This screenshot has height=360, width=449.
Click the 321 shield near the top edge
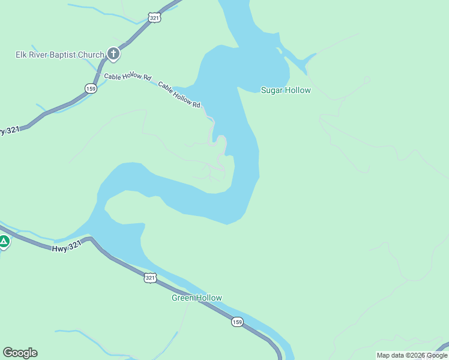coord(154,18)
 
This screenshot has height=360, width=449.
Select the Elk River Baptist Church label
coord(60,55)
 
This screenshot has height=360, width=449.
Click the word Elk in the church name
coord(22,55)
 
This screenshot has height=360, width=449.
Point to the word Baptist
coord(63,55)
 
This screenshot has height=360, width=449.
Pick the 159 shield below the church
coord(91,88)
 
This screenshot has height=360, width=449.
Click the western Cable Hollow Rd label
coord(127,77)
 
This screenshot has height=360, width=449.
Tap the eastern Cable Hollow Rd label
coord(179,95)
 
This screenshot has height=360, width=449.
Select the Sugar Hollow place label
coord(286,91)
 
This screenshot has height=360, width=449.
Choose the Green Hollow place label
coord(197,298)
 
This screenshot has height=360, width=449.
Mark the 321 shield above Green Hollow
coord(150,277)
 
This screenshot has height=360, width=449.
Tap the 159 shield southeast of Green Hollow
coord(237,322)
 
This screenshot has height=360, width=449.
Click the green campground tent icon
coord(4,242)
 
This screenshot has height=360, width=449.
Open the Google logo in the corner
coord(20,353)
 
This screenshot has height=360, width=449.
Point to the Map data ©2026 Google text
coord(412,355)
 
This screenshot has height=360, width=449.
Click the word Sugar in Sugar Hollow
coord(272,91)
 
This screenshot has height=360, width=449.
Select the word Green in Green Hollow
coord(184,298)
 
